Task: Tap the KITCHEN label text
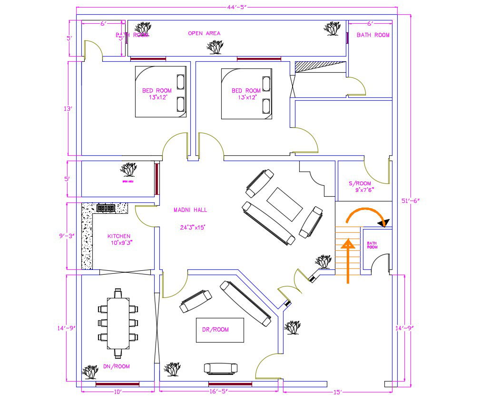pos(118,236)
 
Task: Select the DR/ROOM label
pos(215,330)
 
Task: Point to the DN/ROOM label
pos(116,366)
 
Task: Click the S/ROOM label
pos(359,183)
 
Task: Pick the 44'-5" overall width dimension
pos(237,6)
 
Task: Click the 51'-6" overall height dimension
pos(411,201)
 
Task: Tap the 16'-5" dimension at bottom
pos(218,391)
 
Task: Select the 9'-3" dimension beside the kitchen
pos(67,236)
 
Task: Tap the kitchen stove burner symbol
pos(106,208)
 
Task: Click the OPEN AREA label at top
pos(204,33)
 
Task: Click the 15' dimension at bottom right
pos(337,392)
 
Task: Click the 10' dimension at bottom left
pos(118,392)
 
